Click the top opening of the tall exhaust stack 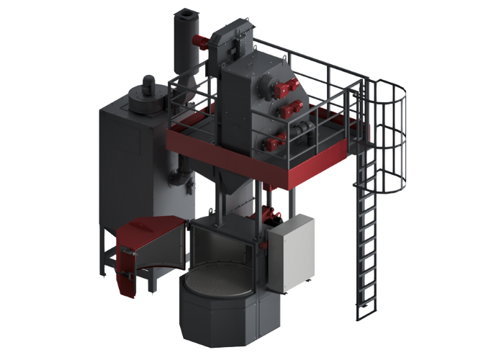[x=184, y=13]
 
